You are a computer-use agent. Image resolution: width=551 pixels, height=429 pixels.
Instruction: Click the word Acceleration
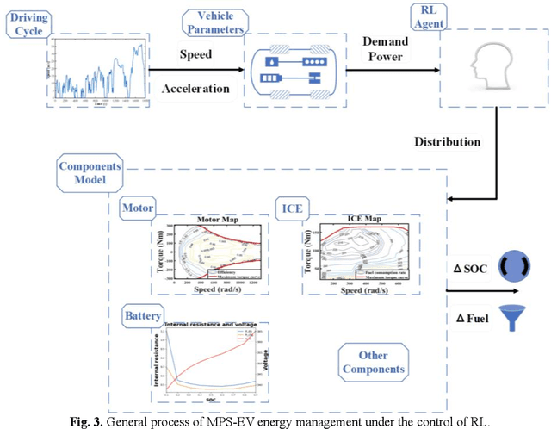click(x=197, y=89)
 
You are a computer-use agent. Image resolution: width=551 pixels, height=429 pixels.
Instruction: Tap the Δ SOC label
click(x=472, y=269)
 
